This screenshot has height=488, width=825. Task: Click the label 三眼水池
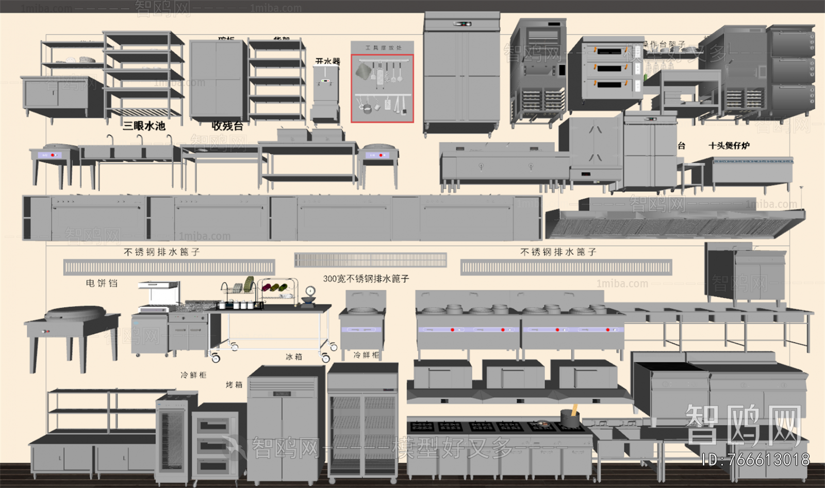click(x=144, y=126)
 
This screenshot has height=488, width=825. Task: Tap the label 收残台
click(x=227, y=126)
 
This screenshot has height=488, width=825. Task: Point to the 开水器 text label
click(x=327, y=61)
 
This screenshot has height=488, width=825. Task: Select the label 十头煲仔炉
click(x=729, y=146)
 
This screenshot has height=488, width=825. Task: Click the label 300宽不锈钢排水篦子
click(x=366, y=279)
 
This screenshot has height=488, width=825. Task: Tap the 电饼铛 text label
click(x=102, y=283)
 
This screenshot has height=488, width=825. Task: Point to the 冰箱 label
click(x=293, y=357)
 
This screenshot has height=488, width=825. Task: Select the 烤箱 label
click(x=234, y=385)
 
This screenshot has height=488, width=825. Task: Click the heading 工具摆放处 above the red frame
click(x=383, y=48)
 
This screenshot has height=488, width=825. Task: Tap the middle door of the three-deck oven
click(x=610, y=68)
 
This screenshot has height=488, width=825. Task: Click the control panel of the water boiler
click(x=325, y=80)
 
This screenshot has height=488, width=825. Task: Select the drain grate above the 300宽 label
click(x=370, y=260)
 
